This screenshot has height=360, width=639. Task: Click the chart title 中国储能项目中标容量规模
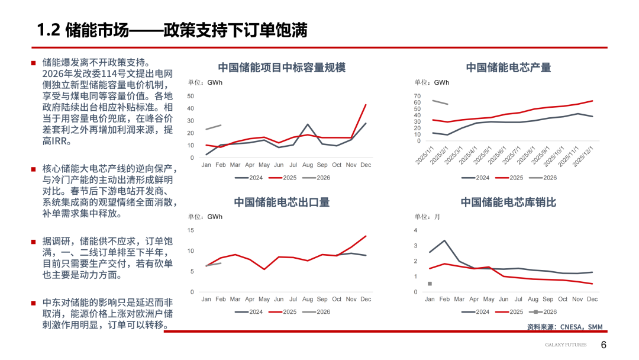click(282, 67)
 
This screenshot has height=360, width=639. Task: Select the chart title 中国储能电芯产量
click(508, 67)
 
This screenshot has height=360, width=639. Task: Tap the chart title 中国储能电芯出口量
click(282, 202)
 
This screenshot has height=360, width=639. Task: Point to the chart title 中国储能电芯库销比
click(508, 202)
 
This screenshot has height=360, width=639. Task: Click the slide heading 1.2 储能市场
click(172, 30)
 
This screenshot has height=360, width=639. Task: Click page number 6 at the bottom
click(603, 345)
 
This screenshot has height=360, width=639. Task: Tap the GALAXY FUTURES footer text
click(566, 345)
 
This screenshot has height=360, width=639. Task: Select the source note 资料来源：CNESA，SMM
click(564, 327)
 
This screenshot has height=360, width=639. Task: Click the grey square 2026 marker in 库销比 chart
click(430, 284)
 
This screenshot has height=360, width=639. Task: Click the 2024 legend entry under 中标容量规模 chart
click(251, 178)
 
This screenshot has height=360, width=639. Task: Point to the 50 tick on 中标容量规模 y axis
click(191, 96)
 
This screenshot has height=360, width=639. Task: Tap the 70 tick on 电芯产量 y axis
click(417, 97)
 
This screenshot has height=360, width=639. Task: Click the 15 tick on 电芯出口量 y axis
click(191, 230)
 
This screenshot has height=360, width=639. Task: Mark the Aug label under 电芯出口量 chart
click(308, 300)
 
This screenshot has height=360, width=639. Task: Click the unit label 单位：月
click(427, 217)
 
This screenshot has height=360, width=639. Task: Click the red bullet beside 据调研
click(34, 242)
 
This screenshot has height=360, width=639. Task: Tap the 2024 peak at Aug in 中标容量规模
click(308, 125)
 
